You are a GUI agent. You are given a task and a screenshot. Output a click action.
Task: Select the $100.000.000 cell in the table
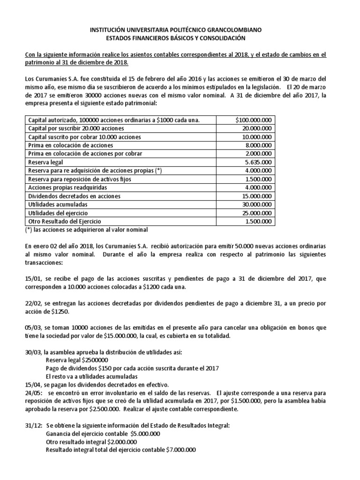pos(254,120)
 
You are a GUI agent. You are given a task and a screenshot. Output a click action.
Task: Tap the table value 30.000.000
pos(256,204)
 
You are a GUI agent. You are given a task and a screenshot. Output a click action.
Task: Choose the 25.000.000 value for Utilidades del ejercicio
pos(256,213)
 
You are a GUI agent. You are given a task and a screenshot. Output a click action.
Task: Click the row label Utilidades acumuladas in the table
pos(58,204)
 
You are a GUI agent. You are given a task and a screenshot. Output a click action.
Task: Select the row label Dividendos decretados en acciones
pos(75,196)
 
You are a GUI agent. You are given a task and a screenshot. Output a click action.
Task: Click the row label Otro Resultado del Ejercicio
pos(65,221)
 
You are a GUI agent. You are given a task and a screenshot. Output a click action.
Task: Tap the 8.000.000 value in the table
pos(257,145)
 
